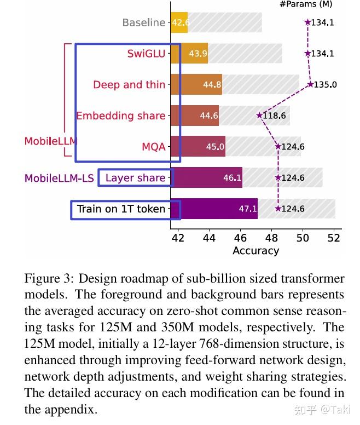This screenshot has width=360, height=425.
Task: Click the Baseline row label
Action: coord(143,22)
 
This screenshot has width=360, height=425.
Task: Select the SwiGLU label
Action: coord(146,54)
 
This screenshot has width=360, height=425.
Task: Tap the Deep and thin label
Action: coord(129,84)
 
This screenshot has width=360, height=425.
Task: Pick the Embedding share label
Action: coord(120,116)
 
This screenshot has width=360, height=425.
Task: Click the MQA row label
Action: coord(153,147)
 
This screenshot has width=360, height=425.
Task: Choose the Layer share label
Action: coord(135,177)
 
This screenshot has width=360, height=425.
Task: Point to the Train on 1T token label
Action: coord(121,209)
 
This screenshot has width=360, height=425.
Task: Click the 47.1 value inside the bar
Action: coord(247,209)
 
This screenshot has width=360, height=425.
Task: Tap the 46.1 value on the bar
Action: coord(232,178)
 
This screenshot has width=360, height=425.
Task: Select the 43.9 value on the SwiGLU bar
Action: coord(198,54)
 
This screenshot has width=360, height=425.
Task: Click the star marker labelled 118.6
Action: coord(259,116)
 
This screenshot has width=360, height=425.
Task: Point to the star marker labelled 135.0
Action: coord(310,84)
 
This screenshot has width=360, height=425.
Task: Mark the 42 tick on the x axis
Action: coord(178,238)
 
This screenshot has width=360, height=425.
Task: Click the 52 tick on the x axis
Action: coord(334,238)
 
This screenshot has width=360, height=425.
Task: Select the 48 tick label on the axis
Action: coord(271,238)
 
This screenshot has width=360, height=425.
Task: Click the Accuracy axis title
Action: coord(256,251)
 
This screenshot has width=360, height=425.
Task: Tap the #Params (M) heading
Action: coord(305,4)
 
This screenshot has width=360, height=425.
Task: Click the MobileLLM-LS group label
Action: coord(59,178)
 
